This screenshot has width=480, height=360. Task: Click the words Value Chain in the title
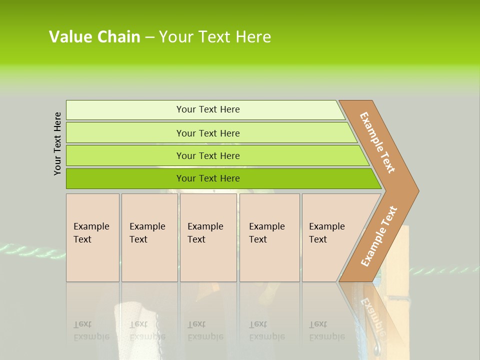pyautogui.click(x=94, y=37)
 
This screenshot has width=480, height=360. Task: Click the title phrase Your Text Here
pyautogui.click(x=215, y=37)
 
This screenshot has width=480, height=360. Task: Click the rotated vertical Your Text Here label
pyautogui.click(x=57, y=143)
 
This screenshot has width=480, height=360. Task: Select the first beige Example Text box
pyautogui.click(x=92, y=237)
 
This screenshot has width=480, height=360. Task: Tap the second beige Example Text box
pyautogui.click(x=149, y=237)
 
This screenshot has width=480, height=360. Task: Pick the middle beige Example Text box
pyautogui.click(x=208, y=237)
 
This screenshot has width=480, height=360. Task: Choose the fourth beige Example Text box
pyautogui.click(x=269, y=237)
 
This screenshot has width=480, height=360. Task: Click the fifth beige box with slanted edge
pyautogui.click(x=330, y=237)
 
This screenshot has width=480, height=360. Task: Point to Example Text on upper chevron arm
pyautogui.click(x=377, y=142)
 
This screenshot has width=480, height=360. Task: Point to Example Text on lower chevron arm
pyautogui.click(x=379, y=236)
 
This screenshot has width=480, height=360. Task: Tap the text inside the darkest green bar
pyautogui.click(x=208, y=178)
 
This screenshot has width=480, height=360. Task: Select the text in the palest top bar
pyautogui.click(x=208, y=109)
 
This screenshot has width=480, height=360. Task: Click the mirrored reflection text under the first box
pyautogui.click(x=91, y=330)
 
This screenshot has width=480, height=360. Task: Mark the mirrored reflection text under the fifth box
pyautogui.click(x=327, y=330)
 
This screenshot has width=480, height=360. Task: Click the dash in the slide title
pyautogui.click(x=149, y=37)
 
